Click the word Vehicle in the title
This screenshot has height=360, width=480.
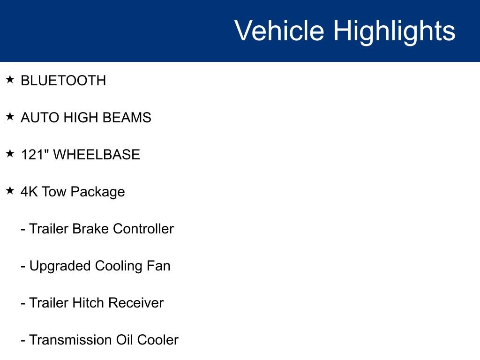(279, 31)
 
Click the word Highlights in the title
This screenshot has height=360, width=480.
(394, 31)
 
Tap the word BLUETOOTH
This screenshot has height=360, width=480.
(63, 81)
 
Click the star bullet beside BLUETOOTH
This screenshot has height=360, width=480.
(10, 80)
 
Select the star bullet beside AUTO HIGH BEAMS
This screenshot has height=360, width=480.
(10, 117)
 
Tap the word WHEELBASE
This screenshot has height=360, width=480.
(97, 155)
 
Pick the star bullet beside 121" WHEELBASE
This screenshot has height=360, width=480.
(10, 154)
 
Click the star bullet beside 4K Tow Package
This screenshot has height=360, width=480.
(10, 191)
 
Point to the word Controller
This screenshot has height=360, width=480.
(143, 229)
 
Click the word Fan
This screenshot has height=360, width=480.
(159, 266)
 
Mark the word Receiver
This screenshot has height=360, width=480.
(136, 303)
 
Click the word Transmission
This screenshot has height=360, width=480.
(71, 340)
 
